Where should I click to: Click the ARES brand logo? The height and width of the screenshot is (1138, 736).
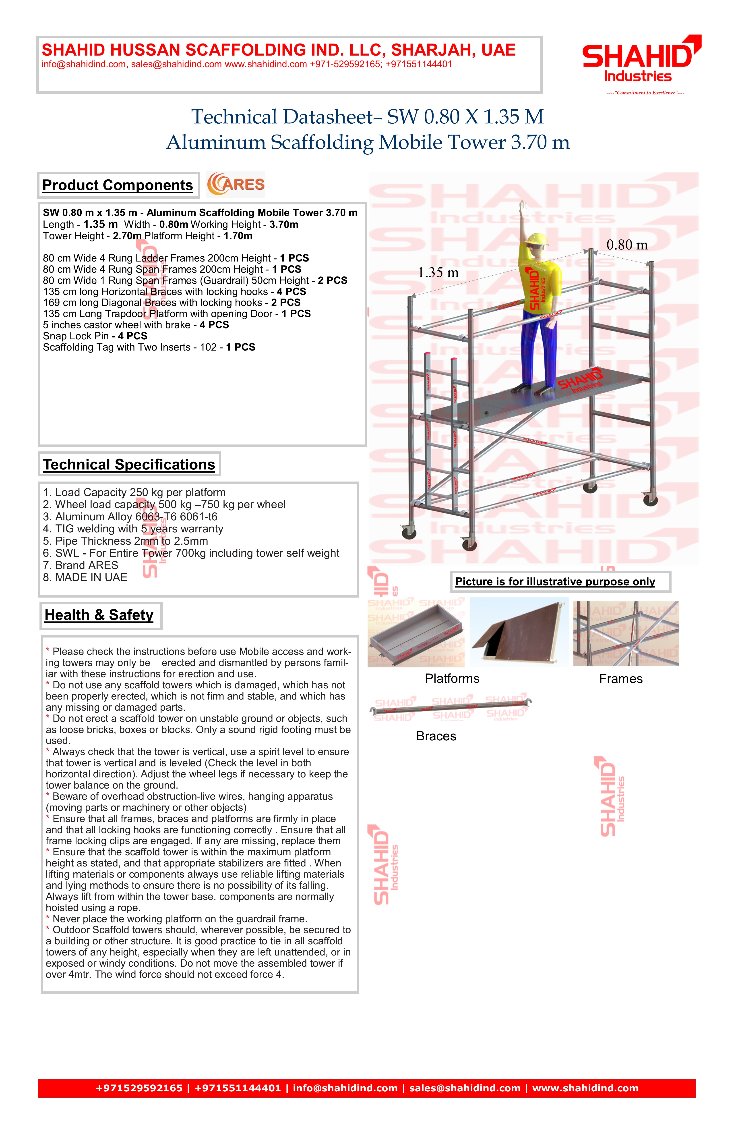point(236,185)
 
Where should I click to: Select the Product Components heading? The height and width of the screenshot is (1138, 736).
point(118,185)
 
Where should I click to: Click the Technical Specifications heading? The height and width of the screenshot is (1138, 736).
point(129,464)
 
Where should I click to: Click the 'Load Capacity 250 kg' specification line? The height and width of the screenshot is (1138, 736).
point(134,492)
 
